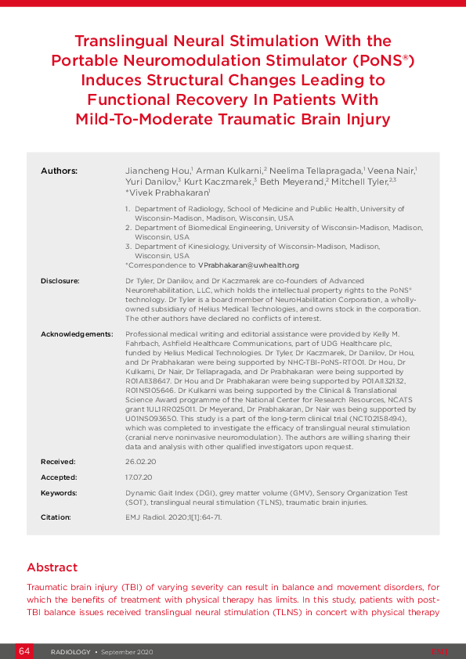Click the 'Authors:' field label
tap(59, 170)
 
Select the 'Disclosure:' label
tap(62, 279)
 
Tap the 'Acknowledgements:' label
tap(77, 334)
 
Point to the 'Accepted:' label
tap(60, 477)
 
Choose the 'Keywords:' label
tap(60, 493)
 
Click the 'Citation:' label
tap(56, 517)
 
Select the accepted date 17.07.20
tap(137, 477)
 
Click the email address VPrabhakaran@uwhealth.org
tap(248, 265)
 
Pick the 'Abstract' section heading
tap(52, 567)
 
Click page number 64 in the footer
tap(24, 651)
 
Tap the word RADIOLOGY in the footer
tap(70, 652)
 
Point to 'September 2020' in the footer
tap(127, 652)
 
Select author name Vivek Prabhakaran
tap(168, 192)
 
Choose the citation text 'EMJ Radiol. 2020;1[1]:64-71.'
tap(174, 517)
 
